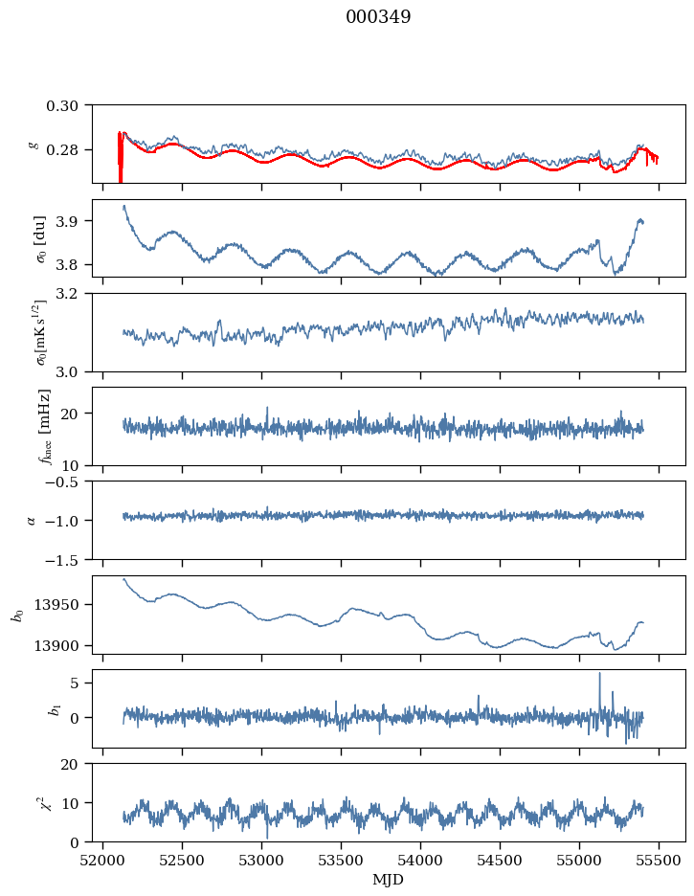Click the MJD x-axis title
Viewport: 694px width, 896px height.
(x=389, y=880)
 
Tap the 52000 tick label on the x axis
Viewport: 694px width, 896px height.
(x=103, y=860)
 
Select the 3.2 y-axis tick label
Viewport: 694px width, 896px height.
(x=76, y=293)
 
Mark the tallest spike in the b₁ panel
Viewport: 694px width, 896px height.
(x=600, y=674)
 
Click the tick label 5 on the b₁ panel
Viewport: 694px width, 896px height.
(x=86, y=683)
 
